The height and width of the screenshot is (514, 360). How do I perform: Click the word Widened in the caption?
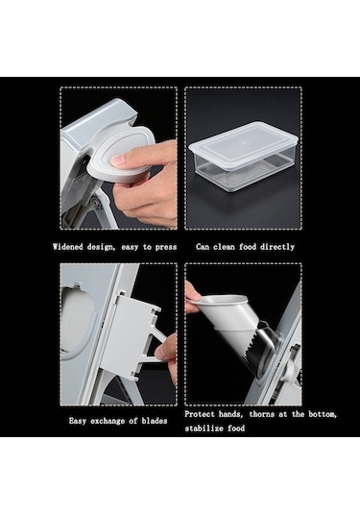click(x=67, y=247)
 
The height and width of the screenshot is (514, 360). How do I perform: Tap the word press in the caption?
click(x=166, y=247)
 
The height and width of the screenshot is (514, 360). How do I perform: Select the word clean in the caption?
click(x=224, y=247)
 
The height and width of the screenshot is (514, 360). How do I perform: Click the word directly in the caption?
click(x=277, y=247)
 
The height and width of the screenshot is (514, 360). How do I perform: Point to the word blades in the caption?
click(x=155, y=421)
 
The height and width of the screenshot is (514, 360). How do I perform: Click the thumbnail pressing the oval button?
click(x=117, y=160)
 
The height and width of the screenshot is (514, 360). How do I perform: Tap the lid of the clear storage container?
click(x=244, y=145)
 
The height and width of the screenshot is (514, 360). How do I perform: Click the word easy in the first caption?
click(x=130, y=248)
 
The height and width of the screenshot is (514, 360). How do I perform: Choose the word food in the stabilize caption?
click(x=237, y=428)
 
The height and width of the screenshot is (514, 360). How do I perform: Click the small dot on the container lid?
click(x=244, y=142)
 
